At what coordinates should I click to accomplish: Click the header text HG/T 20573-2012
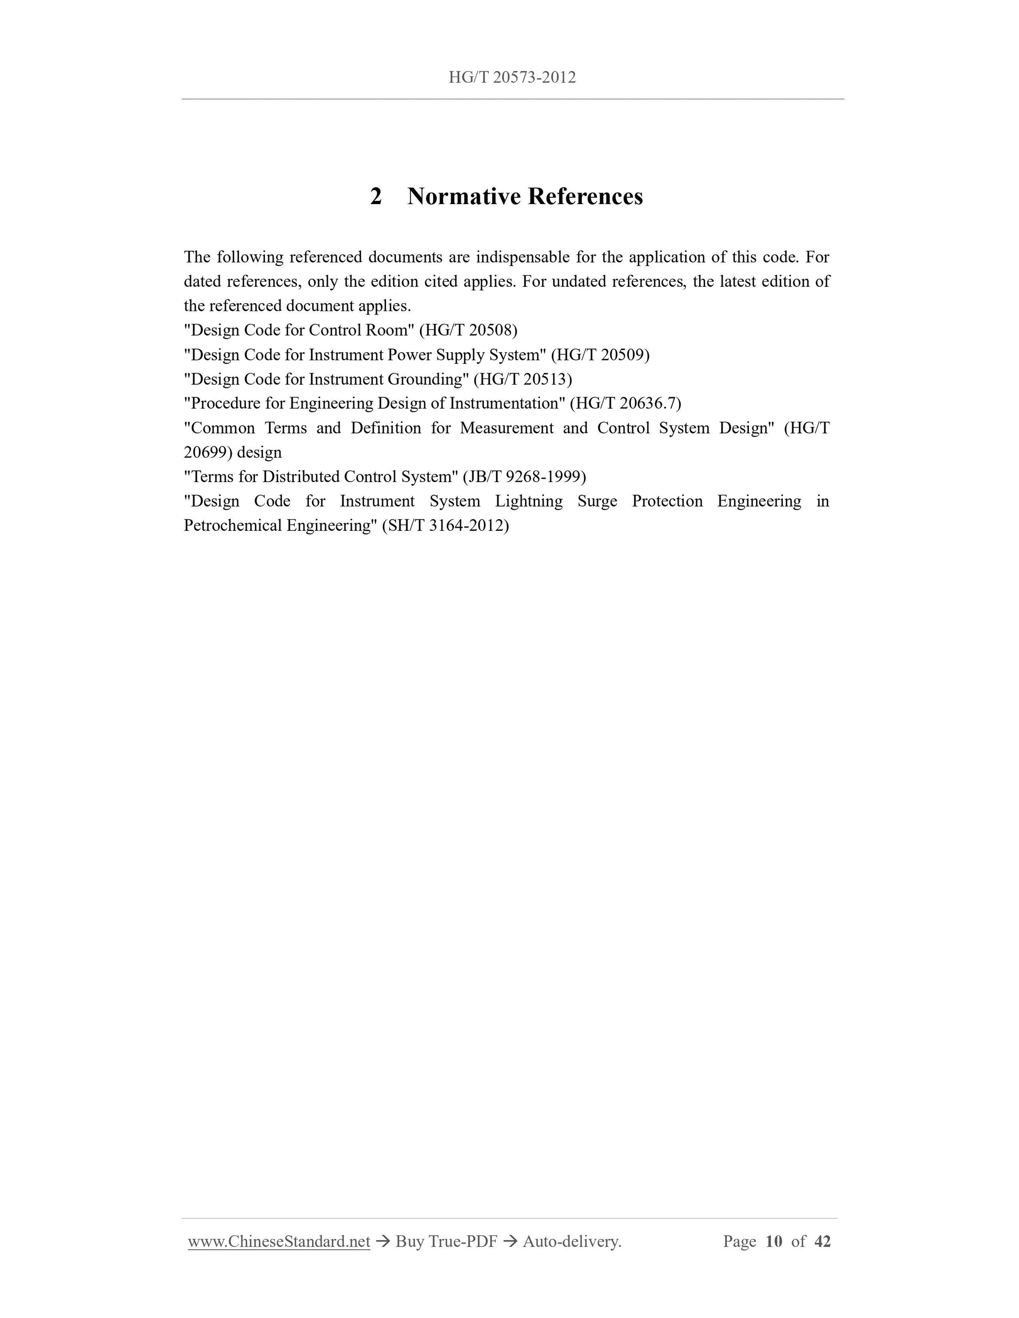point(512,77)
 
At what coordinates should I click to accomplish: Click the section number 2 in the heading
point(375,197)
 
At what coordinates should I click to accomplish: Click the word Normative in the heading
point(463,197)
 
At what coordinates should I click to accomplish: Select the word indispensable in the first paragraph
point(522,258)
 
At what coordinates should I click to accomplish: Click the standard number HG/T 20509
point(600,355)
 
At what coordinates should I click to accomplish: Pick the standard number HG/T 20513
point(523,379)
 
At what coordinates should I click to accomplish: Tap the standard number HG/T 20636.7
point(625,404)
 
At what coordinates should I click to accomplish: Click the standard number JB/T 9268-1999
point(524,477)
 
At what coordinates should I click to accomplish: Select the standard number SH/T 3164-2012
point(446,526)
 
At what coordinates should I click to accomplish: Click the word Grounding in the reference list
point(427,379)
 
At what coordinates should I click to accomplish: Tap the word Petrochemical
point(233,526)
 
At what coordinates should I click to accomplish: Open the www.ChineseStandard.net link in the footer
point(279,1242)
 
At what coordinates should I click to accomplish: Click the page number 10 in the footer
point(774,1242)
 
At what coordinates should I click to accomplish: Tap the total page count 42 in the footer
point(822,1242)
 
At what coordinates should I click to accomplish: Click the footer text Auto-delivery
point(572,1242)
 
